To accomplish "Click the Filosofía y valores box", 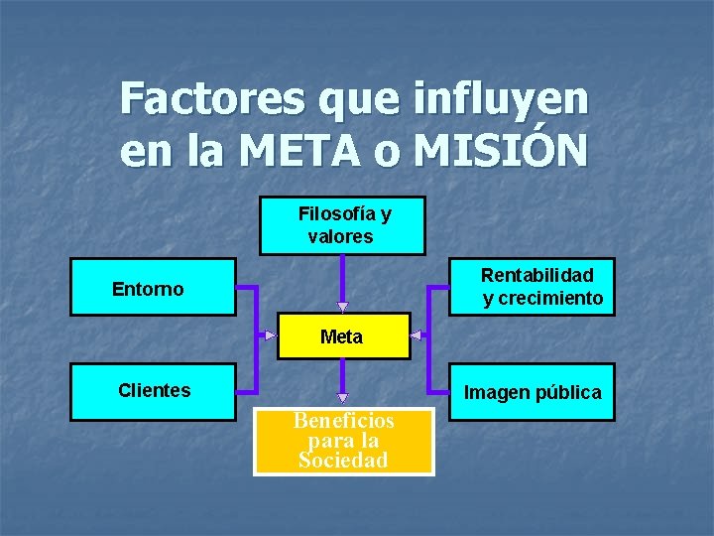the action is pyautogui.click(x=342, y=226).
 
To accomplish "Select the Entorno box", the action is pyautogui.click(x=153, y=288).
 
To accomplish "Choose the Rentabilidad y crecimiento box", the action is pyautogui.click(x=532, y=287).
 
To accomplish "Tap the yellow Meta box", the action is pyautogui.click(x=342, y=336).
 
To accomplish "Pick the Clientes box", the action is pyautogui.click(x=153, y=391).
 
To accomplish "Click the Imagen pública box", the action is pyautogui.click(x=532, y=392).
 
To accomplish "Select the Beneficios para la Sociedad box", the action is pyautogui.click(x=344, y=441).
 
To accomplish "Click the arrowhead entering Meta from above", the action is pyautogui.click(x=342, y=307).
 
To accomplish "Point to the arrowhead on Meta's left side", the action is pyautogui.click(x=270, y=335).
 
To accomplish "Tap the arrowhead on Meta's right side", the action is pyautogui.click(x=416, y=335).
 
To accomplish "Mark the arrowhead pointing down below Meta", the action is pyautogui.click(x=342, y=390).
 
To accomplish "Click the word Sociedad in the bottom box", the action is pyautogui.click(x=343, y=460).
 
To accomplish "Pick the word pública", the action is pyautogui.click(x=568, y=392).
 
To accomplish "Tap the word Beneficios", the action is pyautogui.click(x=344, y=421).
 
